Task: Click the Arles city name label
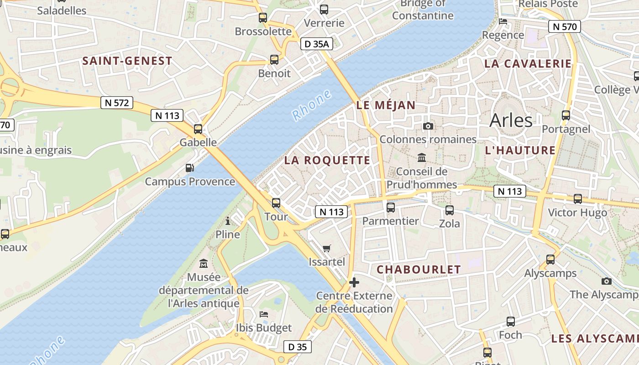tap(511, 120)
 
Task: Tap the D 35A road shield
tap(317, 44)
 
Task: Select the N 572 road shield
tap(117, 103)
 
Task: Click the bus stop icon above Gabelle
tap(198, 129)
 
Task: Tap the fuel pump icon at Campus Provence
tap(190, 168)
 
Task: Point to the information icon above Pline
tap(228, 221)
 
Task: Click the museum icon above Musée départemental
tap(204, 263)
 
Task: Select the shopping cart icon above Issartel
tap(326, 249)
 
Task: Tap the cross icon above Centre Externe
tap(354, 282)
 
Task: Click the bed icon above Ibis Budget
tap(264, 314)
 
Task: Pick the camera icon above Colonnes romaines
tap(428, 126)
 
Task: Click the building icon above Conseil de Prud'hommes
tap(422, 158)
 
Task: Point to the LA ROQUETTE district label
tap(327, 160)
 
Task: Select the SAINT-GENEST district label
tap(127, 61)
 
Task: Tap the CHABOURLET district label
tap(419, 270)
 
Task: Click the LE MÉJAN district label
tap(386, 105)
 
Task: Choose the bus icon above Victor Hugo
tap(578, 199)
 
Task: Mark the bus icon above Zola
tap(450, 210)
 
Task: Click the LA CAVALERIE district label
tap(528, 63)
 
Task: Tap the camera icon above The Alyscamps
tap(607, 281)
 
